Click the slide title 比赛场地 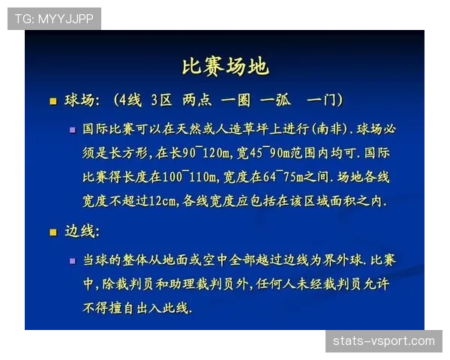(225, 66)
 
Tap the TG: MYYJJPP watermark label (54, 19)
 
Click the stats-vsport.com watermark (383, 341)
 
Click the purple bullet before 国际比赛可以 (73, 129)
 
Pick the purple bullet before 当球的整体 (73, 261)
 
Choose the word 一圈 (235, 100)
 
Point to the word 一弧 (275, 100)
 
